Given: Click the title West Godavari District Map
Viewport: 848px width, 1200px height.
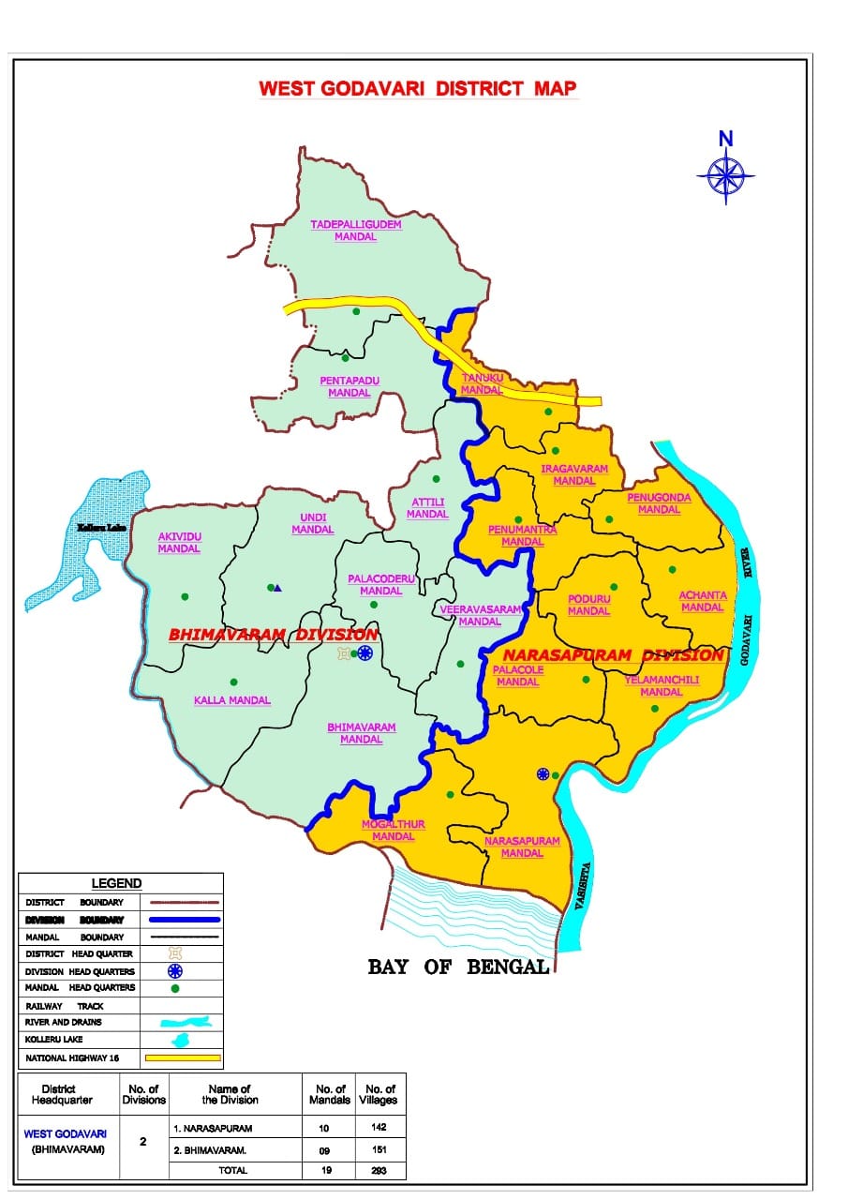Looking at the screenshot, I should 418,89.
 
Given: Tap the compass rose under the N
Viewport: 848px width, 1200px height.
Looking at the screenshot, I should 726,174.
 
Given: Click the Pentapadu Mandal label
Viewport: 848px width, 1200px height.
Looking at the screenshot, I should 349,386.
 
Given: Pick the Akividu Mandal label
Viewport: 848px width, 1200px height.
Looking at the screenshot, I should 179,543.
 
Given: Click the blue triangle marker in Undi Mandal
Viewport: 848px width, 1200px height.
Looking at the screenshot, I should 278,588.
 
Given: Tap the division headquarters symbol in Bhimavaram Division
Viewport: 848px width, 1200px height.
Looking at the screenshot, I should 365,652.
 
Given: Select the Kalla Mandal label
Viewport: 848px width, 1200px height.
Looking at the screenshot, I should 231,700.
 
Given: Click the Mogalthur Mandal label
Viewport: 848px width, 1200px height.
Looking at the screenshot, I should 393,830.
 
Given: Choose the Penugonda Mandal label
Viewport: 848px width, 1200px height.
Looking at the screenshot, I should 659,503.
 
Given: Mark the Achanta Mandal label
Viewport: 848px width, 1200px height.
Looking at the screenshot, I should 703,601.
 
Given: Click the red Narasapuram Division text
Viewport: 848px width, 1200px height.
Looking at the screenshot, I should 613,655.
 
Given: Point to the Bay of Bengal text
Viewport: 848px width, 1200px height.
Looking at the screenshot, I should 458,967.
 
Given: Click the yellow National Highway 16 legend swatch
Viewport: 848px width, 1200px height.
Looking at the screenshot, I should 182,1058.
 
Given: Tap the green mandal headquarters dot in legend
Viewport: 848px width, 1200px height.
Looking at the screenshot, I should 174,988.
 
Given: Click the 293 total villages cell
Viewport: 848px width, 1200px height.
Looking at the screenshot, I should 379,1170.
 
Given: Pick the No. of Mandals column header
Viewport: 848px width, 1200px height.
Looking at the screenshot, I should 329,1094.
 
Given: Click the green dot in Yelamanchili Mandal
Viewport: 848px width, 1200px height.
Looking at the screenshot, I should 654,708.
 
